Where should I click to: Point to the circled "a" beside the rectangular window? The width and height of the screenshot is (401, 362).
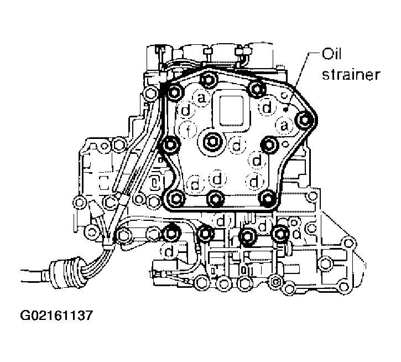pyautogui.click(x=201, y=98)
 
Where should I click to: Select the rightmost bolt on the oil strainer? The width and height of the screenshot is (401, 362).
pyautogui.click(x=305, y=118)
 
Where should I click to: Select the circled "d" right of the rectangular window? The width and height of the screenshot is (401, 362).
pyautogui.click(x=268, y=107)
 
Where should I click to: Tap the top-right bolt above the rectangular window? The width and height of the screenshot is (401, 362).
pyautogui.click(x=256, y=86)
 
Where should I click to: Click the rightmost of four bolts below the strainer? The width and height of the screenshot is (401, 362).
pyautogui.click(x=281, y=234)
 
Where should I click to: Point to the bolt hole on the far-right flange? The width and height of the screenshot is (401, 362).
pyautogui.click(x=348, y=242)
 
